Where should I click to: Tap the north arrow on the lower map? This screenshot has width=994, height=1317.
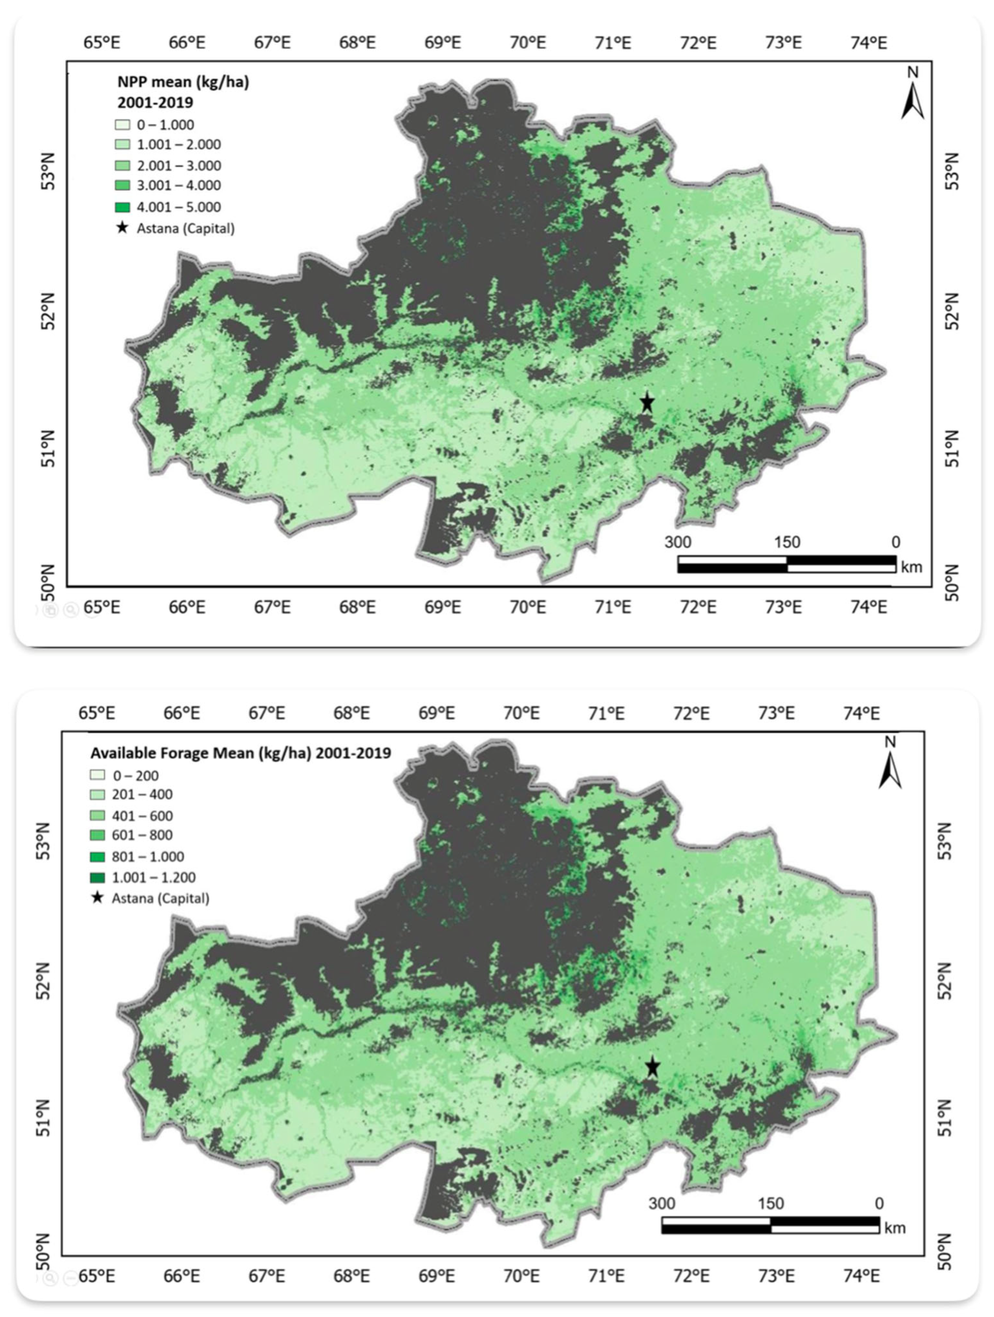pyautogui.click(x=890, y=765)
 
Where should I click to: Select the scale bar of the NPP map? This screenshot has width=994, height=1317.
pyautogui.click(x=787, y=564)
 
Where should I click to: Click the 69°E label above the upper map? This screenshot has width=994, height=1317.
pyautogui.click(x=442, y=43)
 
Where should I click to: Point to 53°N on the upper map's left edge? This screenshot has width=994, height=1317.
pyautogui.click(x=50, y=172)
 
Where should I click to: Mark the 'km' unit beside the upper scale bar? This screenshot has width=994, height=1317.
pyautogui.click(x=911, y=567)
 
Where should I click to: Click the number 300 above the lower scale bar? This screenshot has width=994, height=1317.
pyautogui.click(x=662, y=1203)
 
